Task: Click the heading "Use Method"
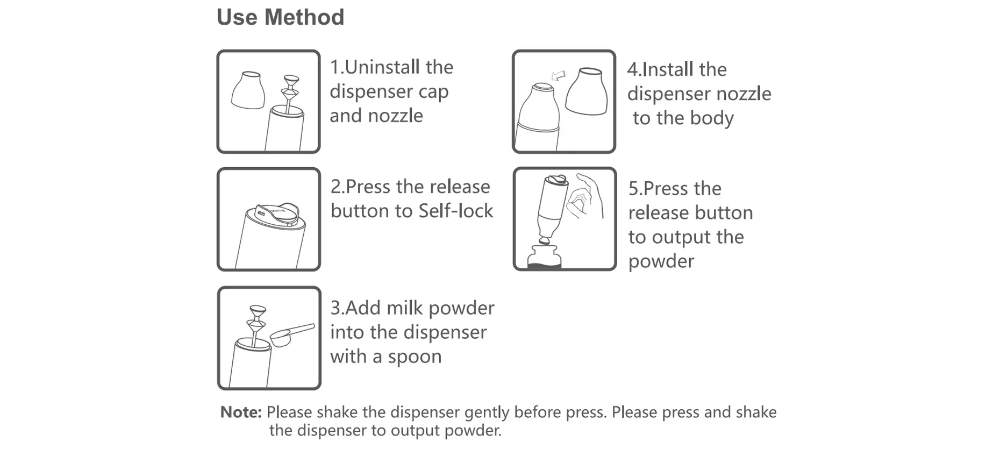pyautogui.click(x=280, y=17)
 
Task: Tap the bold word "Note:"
pyautogui.click(x=241, y=412)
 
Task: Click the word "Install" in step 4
pyautogui.click(x=668, y=69)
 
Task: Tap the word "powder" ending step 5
pyautogui.click(x=661, y=261)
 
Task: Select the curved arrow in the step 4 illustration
pyautogui.click(x=559, y=76)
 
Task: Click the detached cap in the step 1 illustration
pyautogui.click(x=248, y=90)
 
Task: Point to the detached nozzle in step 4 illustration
pyautogui.click(x=587, y=91)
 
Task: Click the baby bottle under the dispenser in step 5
pyautogui.click(x=544, y=257)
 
